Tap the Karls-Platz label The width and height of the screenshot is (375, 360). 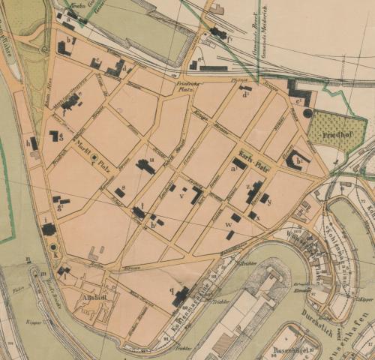pos(256,148)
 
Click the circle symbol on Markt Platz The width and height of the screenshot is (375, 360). pos(94,159)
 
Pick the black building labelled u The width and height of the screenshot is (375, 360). pos(145,166)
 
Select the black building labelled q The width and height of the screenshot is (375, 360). pos(181,298)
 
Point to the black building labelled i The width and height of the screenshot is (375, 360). pos(49,229)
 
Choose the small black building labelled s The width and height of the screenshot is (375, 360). pos(119,193)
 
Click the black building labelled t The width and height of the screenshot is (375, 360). pos(139,213)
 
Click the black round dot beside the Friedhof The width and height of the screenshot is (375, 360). pos(307,112)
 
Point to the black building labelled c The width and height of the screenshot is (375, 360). pos(95,64)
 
